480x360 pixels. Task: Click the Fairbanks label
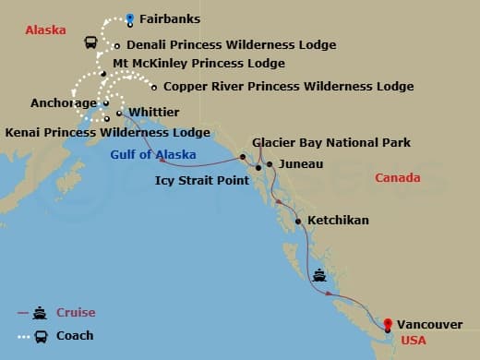(170, 18)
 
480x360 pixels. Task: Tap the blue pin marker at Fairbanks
(130, 18)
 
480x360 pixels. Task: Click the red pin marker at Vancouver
(388, 324)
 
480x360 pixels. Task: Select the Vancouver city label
(430, 325)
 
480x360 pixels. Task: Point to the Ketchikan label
(338, 221)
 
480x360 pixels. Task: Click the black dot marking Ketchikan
(298, 222)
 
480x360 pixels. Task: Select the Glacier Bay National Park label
(331, 143)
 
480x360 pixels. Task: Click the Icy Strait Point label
(202, 179)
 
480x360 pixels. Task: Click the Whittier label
(154, 113)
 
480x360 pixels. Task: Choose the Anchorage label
(64, 103)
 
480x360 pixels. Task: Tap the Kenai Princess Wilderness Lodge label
(108, 132)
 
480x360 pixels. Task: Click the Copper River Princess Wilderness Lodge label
(288, 87)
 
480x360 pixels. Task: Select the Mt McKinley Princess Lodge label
(198, 64)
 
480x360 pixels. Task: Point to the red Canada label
(398, 177)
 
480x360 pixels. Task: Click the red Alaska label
(45, 30)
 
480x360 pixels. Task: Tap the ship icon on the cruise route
(319, 274)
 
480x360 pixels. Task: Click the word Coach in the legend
(75, 336)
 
